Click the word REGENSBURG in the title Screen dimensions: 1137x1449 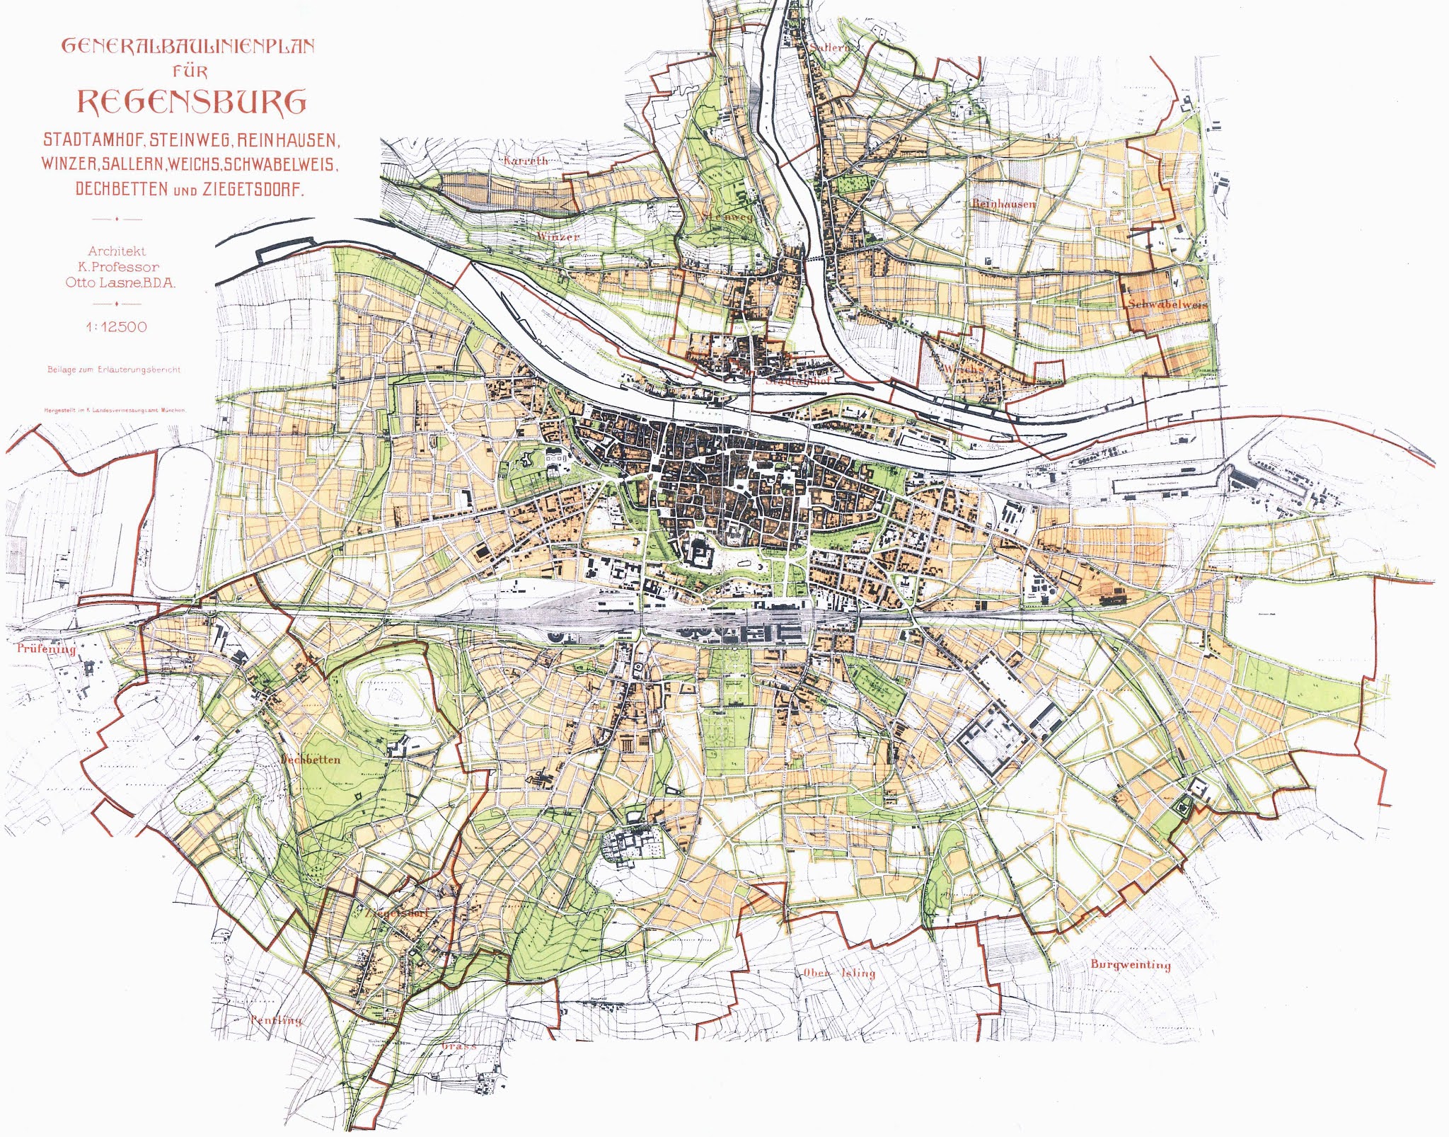[x=191, y=102]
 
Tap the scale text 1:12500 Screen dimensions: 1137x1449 [x=116, y=327]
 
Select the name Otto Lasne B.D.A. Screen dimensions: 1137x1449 [x=120, y=282]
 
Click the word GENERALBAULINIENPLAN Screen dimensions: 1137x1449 [x=188, y=47]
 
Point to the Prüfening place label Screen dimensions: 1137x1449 [x=46, y=649]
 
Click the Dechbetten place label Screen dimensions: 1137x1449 [x=311, y=760]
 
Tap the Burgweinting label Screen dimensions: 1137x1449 [x=1131, y=965]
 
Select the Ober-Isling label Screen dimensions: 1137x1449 [x=839, y=973]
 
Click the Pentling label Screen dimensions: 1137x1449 [x=276, y=1020]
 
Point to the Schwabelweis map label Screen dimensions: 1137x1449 [x=1166, y=304]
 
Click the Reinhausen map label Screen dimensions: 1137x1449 [x=1003, y=204]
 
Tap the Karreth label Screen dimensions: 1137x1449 [x=526, y=161]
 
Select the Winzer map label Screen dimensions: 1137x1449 [x=558, y=236]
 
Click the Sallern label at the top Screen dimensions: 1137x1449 [x=828, y=47]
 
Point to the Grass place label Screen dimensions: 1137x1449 [x=458, y=1046]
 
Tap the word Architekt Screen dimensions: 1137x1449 [x=117, y=251]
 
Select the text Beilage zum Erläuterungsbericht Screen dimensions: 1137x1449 [x=114, y=370]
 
